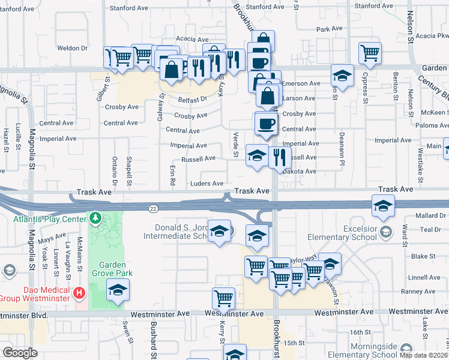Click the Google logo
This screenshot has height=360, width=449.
(x=19, y=353)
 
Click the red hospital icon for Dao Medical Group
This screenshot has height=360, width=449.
(x=79, y=293)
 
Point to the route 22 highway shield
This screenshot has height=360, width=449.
(x=153, y=208)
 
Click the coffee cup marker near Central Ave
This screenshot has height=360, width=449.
(x=265, y=124)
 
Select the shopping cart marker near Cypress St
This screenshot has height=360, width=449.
(x=370, y=52)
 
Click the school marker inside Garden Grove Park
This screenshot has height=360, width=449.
(x=118, y=290)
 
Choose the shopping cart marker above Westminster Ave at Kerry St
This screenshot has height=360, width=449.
(x=223, y=297)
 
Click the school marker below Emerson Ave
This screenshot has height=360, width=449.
(x=342, y=76)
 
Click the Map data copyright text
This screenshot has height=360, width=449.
(x=424, y=355)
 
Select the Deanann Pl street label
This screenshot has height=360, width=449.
(x=341, y=149)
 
